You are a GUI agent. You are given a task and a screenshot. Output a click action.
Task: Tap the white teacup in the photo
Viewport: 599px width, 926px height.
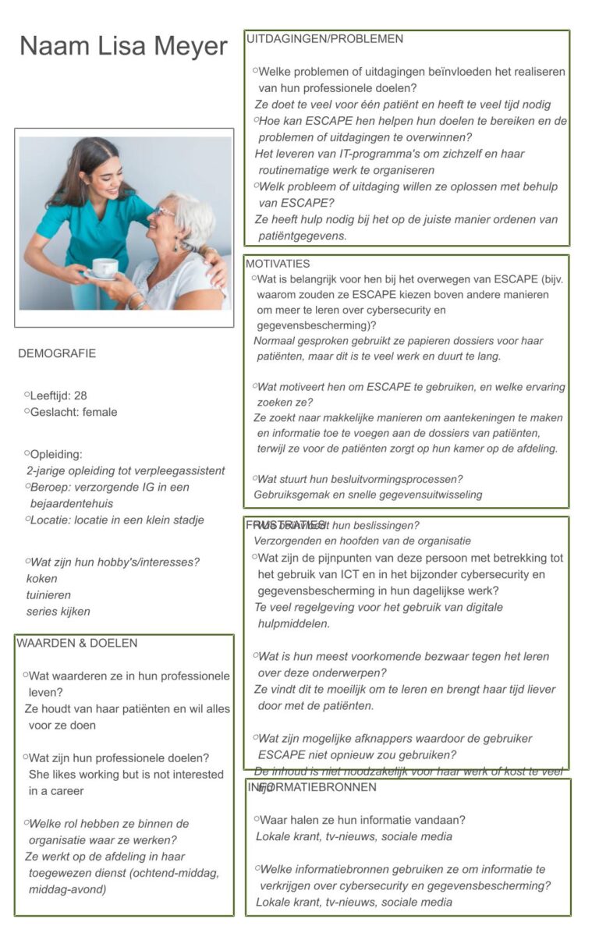(x=105, y=268)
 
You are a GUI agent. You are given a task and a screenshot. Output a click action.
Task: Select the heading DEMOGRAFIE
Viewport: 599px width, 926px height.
(x=57, y=353)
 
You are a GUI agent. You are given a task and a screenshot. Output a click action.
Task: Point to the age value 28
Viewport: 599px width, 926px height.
(x=80, y=396)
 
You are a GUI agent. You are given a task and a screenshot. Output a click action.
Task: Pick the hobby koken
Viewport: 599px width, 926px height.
(x=42, y=579)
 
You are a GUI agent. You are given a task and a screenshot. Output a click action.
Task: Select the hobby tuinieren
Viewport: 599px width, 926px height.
(x=48, y=595)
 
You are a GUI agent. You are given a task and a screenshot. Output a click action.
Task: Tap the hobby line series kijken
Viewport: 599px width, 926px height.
(x=58, y=612)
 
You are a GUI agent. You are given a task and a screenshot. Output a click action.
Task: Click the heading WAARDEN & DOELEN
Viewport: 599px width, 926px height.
(x=76, y=643)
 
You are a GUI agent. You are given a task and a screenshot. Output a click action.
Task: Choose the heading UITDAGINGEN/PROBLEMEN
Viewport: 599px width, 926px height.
(x=325, y=38)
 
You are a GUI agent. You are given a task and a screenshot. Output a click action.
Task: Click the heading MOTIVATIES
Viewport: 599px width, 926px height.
(x=278, y=264)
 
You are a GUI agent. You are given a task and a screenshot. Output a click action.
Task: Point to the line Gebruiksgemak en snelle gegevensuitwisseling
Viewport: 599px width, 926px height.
(x=368, y=494)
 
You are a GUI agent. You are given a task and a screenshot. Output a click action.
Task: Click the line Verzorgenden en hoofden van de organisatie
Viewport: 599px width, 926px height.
(x=363, y=541)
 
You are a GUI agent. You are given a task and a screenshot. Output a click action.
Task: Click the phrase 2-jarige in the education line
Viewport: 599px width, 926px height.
(x=48, y=470)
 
